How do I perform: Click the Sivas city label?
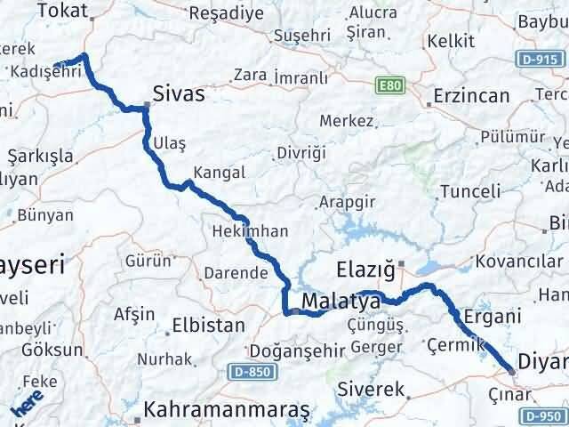pyautogui.click(x=179, y=94)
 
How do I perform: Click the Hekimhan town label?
pyautogui.click(x=250, y=231)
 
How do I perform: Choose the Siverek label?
pyautogui.click(x=372, y=390)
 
